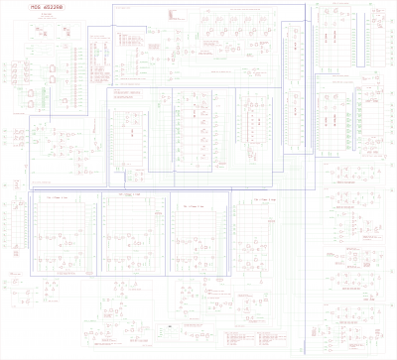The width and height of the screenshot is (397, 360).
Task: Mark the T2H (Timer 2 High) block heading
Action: [262, 199]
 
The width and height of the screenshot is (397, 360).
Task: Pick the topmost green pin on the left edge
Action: [5, 64]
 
